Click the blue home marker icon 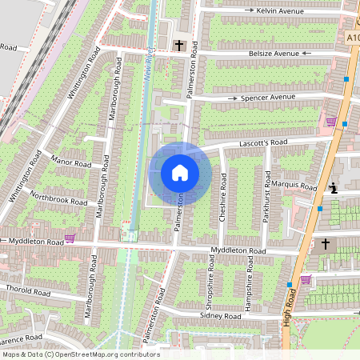click(x=180, y=173)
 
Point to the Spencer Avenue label click(x=269, y=98)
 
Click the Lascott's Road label click(x=263, y=143)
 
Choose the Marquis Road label click(x=293, y=186)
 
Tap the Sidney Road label click(x=221, y=317)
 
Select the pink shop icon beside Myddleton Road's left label click(x=70, y=238)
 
